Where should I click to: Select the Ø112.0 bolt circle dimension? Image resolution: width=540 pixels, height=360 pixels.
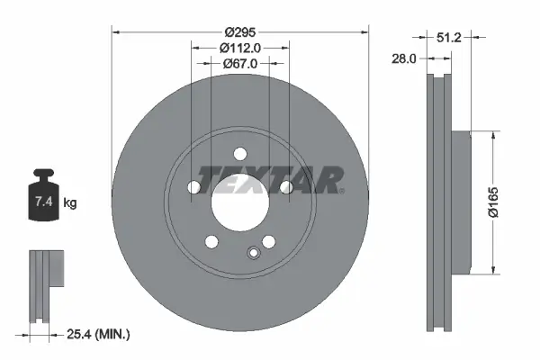pos(239,49)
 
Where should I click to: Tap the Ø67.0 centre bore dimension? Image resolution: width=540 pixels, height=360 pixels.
pos(239,64)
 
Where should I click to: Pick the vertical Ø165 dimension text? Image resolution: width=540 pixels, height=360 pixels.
pos(506,202)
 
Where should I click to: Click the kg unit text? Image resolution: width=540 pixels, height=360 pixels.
pos(71,204)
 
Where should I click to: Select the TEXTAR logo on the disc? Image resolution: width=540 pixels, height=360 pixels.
pos(268,180)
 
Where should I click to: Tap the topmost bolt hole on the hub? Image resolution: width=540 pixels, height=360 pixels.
pos(239,154)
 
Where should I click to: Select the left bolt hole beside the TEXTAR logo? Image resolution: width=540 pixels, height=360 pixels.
pos(193,187)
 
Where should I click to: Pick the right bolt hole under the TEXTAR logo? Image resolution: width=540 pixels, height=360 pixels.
pos(285,187)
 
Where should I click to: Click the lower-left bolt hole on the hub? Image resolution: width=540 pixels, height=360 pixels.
pos(211,241)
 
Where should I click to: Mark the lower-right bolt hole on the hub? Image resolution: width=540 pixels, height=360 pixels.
pos(268,241)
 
